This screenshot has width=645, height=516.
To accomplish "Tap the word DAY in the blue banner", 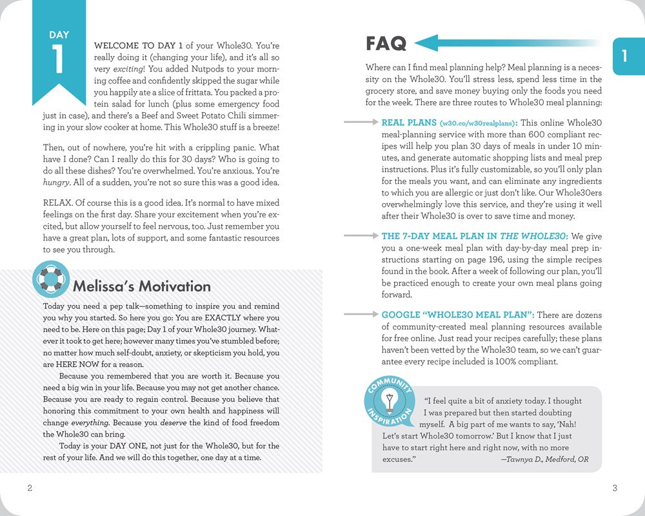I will pyautogui.click(x=59, y=35).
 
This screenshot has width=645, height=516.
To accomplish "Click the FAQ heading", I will pyautogui.click(x=386, y=44).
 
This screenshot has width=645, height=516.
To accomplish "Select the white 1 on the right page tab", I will pyautogui.click(x=624, y=56).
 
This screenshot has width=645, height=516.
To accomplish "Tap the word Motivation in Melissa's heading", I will pyautogui.click(x=172, y=286).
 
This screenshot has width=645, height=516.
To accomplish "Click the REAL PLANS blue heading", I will pyautogui.click(x=408, y=123).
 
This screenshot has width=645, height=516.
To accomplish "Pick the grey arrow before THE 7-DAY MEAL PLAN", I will pyautogui.click(x=360, y=236).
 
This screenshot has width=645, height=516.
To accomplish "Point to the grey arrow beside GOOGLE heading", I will pyautogui.click(x=360, y=314).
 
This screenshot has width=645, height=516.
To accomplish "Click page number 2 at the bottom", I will pyautogui.click(x=30, y=488).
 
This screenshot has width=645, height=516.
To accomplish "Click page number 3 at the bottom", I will pyautogui.click(x=614, y=488).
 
